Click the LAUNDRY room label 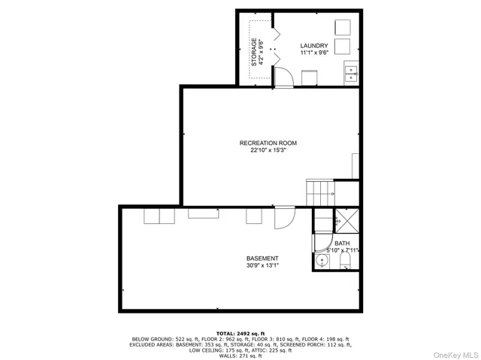[x=314, y=46]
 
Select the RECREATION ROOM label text [x=268, y=143]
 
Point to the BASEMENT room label [x=262, y=258]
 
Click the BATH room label [x=342, y=244]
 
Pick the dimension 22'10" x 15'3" [x=268, y=150]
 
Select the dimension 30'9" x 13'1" [x=262, y=265]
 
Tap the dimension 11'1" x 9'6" [x=314, y=53]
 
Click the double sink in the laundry [x=351, y=73]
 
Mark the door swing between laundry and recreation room [x=283, y=76]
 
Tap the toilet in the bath [x=346, y=261]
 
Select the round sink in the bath [x=322, y=261]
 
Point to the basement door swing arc [x=283, y=218]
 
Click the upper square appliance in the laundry [x=343, y=26]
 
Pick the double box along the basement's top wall [x=159, y=216]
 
